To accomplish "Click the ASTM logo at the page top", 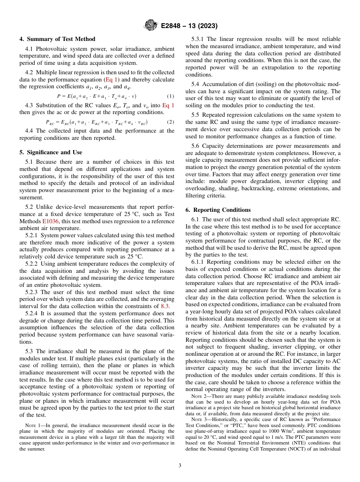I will point(151,26).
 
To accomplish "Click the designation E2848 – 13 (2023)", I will point(189,26).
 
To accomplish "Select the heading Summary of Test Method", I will point(57,39).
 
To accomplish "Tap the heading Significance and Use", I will point(50,152).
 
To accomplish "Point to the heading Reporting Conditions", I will point(218,210).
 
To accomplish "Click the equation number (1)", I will point(170,96).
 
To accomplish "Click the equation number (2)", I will point(170,122).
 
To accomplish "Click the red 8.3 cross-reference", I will point(165,306).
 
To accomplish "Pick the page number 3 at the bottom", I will point(180,465).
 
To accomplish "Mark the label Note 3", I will point(200,419).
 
